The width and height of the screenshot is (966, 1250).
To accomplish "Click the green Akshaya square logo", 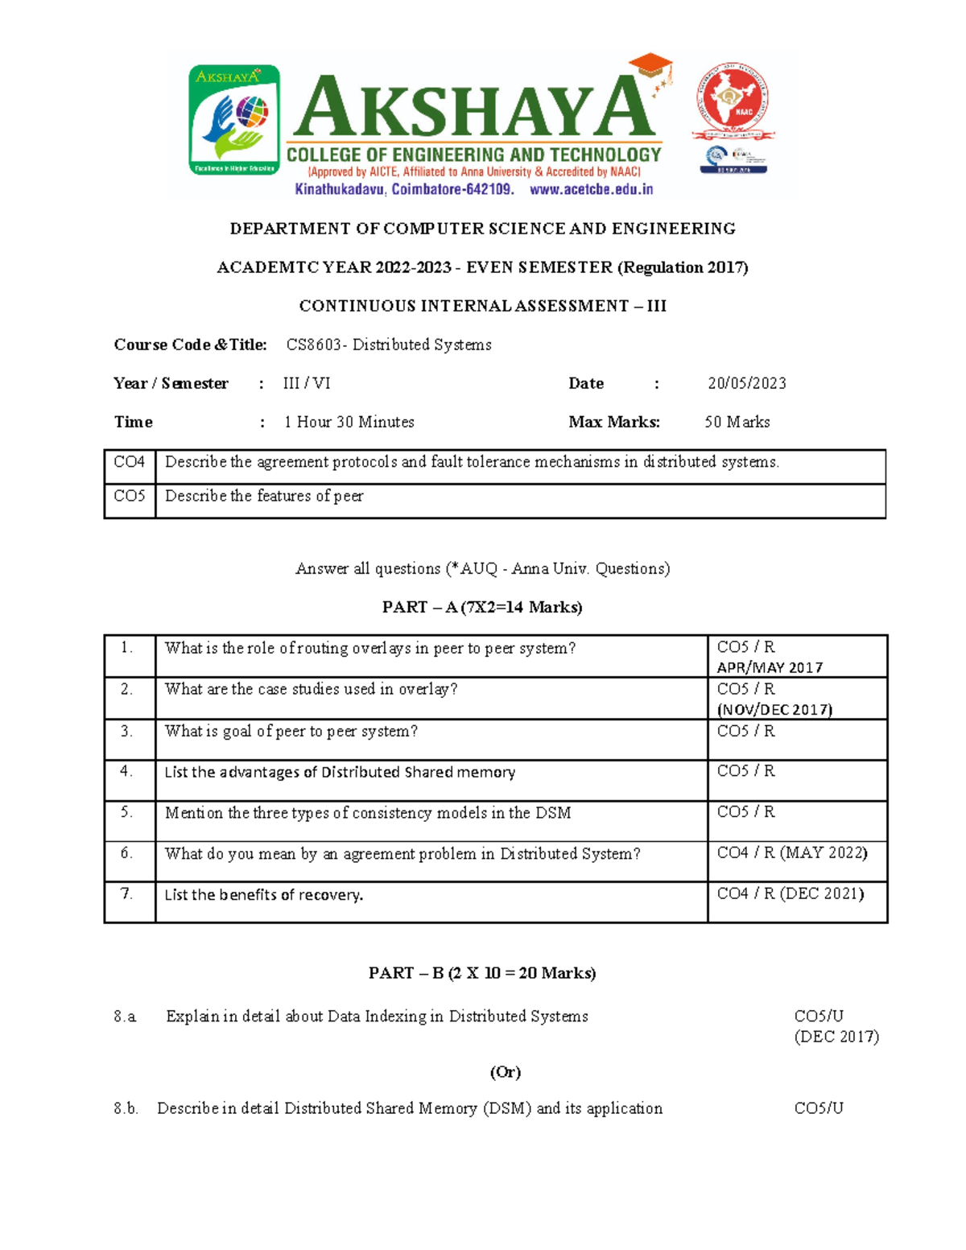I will tap(233, 120).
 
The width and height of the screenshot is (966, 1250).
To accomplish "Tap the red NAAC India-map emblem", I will tap(731, 101).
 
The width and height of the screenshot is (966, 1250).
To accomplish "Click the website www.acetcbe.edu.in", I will tap(591, 190).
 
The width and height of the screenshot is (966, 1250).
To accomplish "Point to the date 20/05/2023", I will tap(746, 383).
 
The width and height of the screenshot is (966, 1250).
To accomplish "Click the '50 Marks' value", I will tap(737, 422).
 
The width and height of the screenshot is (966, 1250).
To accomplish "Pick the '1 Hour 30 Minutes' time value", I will tap(349, 422).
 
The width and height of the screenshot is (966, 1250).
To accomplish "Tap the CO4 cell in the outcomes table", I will tap(129, 462).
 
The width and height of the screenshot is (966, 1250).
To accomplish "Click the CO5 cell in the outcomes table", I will tap(129, 496).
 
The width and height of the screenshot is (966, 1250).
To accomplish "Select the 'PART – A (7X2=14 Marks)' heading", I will tap(482, 607).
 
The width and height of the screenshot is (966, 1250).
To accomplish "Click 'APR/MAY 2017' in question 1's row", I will tap(770, 667).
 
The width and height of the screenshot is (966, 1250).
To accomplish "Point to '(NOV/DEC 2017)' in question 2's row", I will tap(774, 709).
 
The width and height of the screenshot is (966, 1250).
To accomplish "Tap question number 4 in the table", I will tap(126, 771).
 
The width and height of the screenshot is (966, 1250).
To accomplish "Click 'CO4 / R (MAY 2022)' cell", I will tap(792, 852).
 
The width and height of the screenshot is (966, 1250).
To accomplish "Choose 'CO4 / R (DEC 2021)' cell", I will tap(791, 893).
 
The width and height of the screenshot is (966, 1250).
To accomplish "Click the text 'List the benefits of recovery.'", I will tap(264, 894).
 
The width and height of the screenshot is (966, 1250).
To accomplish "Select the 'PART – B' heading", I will tap(482, 973).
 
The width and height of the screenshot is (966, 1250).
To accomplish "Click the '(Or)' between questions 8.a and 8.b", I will tap(506, 1072).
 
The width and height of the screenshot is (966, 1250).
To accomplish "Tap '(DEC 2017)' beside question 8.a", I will tap(836, 1037).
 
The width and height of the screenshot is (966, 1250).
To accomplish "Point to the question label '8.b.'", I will tap(126, 1108).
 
